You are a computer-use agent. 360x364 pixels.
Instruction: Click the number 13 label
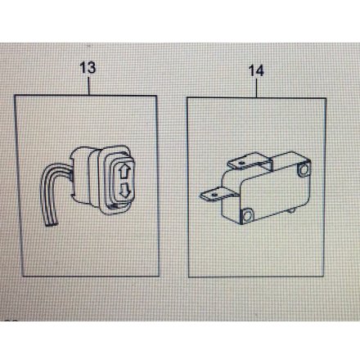[x=88, y=68]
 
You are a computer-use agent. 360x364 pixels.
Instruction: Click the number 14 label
[x=256, y=70]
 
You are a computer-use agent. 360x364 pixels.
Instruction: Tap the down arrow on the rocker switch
[x=125, y=190]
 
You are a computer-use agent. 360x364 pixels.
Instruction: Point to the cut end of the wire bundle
[x=51, y=223]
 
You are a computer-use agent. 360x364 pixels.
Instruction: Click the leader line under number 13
[x=88, y=86]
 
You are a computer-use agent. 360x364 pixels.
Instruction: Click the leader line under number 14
[x=257, y=88]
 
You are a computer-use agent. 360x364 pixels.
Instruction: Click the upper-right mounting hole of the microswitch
[x=304, y=170]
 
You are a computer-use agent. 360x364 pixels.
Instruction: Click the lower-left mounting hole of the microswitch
[x=247, y=216]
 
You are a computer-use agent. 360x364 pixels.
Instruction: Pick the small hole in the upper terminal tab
[x=241, y=163]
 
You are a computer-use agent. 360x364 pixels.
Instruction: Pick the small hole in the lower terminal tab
[x=214, y=195]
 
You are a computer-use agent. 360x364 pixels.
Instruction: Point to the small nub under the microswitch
[x=291, y=210]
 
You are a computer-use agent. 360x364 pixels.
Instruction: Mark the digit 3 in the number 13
[x=92, y=68]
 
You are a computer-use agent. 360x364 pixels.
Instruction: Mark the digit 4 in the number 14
[x=260, y=70]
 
